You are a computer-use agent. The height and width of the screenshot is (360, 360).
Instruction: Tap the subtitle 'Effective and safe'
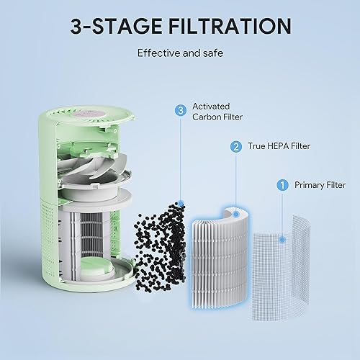coord(180,53)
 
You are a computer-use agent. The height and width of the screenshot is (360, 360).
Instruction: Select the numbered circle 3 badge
coord(180,110)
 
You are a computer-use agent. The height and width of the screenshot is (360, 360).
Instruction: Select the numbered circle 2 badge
coord(235,147)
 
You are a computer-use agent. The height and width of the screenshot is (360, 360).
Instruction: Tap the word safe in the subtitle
coord(212,53)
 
